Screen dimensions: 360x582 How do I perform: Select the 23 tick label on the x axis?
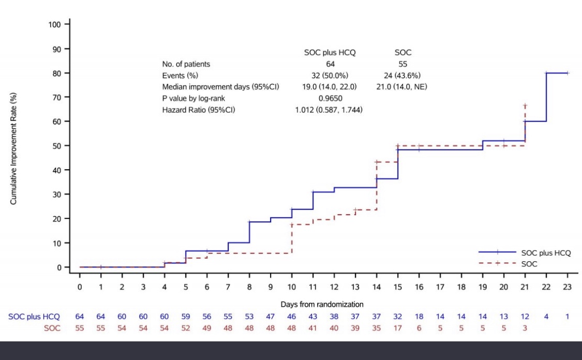click(568, 287)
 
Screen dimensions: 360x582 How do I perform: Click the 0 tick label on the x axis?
click(80, 287)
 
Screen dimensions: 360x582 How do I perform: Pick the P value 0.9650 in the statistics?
click(330, 98)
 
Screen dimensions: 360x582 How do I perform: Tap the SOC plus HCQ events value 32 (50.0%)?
click(330, 76)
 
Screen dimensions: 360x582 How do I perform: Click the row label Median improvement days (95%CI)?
click(220, 87)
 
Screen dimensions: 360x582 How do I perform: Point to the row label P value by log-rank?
click(195, 98)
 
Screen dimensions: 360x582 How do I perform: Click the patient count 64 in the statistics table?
click(330, 65)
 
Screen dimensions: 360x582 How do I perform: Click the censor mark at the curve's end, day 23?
click(568, 73)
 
